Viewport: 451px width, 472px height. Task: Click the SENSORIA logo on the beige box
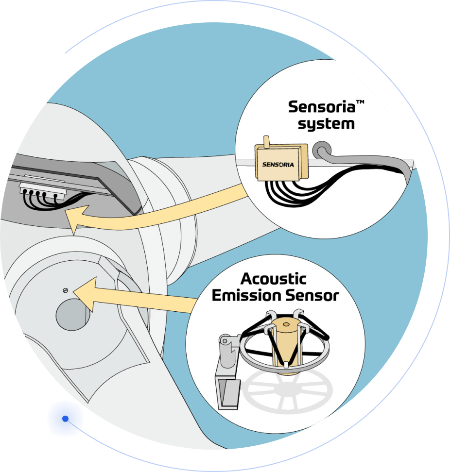pos(278,164)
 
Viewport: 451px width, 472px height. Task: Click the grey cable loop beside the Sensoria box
pos(321,149)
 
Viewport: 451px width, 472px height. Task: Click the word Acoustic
pos(274,279)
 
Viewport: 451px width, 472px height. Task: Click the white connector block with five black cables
pos(40,191)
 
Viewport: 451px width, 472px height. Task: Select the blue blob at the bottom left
pos(65,418)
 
